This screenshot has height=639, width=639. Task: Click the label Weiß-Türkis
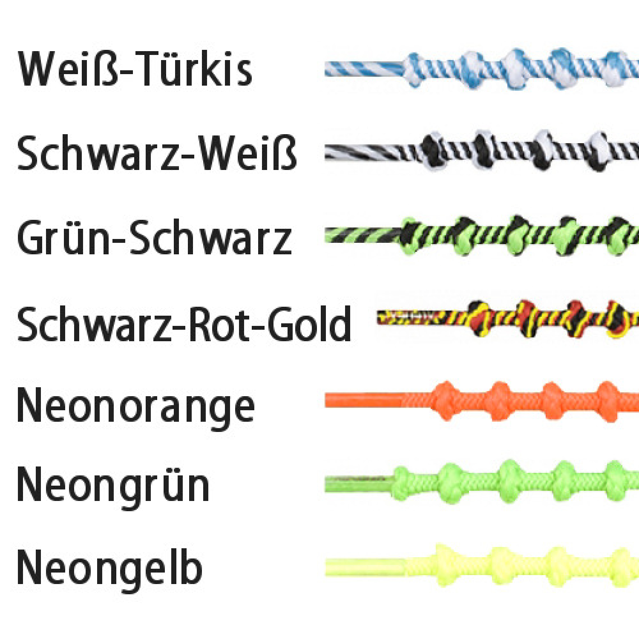tap(135, 69)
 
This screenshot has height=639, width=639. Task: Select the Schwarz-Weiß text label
tap(157, 153)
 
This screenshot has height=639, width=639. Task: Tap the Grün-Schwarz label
tap(154, 237)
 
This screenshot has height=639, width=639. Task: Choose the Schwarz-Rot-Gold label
tap(184, 324)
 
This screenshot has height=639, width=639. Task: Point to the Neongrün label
tap(113, 486)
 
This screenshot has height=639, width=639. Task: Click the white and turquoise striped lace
tap(481, 69)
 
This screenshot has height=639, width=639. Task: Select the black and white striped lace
tap(481, 151)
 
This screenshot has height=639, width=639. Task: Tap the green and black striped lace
tap(481, 236)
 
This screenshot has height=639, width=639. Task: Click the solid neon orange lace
tap(481, 401)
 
